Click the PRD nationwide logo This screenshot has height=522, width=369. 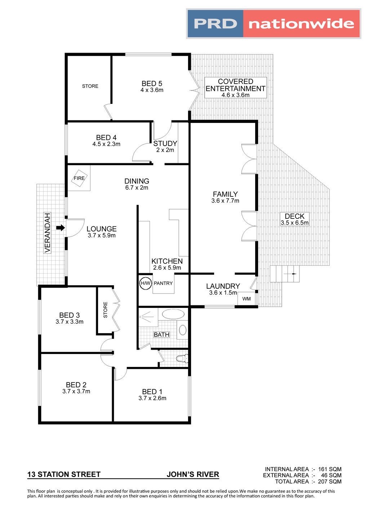tap(274, 24)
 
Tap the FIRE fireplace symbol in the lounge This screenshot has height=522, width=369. tap(79, 178)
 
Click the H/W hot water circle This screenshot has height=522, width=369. tap(146, 283)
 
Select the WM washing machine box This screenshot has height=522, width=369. tap(246, 299)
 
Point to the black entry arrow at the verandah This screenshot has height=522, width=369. tap(60, 228)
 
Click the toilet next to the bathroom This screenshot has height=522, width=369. tap(183, 359)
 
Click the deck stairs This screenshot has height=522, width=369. tap(285, 274)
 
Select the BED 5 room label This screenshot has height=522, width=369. tap(152, 84)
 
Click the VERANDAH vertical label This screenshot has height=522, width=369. tap(48, 233)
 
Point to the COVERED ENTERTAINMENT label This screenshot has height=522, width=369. tap(236, 85)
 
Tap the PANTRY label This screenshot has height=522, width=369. tap(163, 283)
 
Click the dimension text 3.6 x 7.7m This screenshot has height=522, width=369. tap(225, 201)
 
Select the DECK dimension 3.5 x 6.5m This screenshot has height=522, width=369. tap(295, 223)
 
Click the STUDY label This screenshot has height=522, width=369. tap(165, 143)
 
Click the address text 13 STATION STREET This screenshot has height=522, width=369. tap(64, 474)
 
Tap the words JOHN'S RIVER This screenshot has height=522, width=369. tap(193, 474)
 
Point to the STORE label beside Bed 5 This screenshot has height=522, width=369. tap(90, 86)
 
